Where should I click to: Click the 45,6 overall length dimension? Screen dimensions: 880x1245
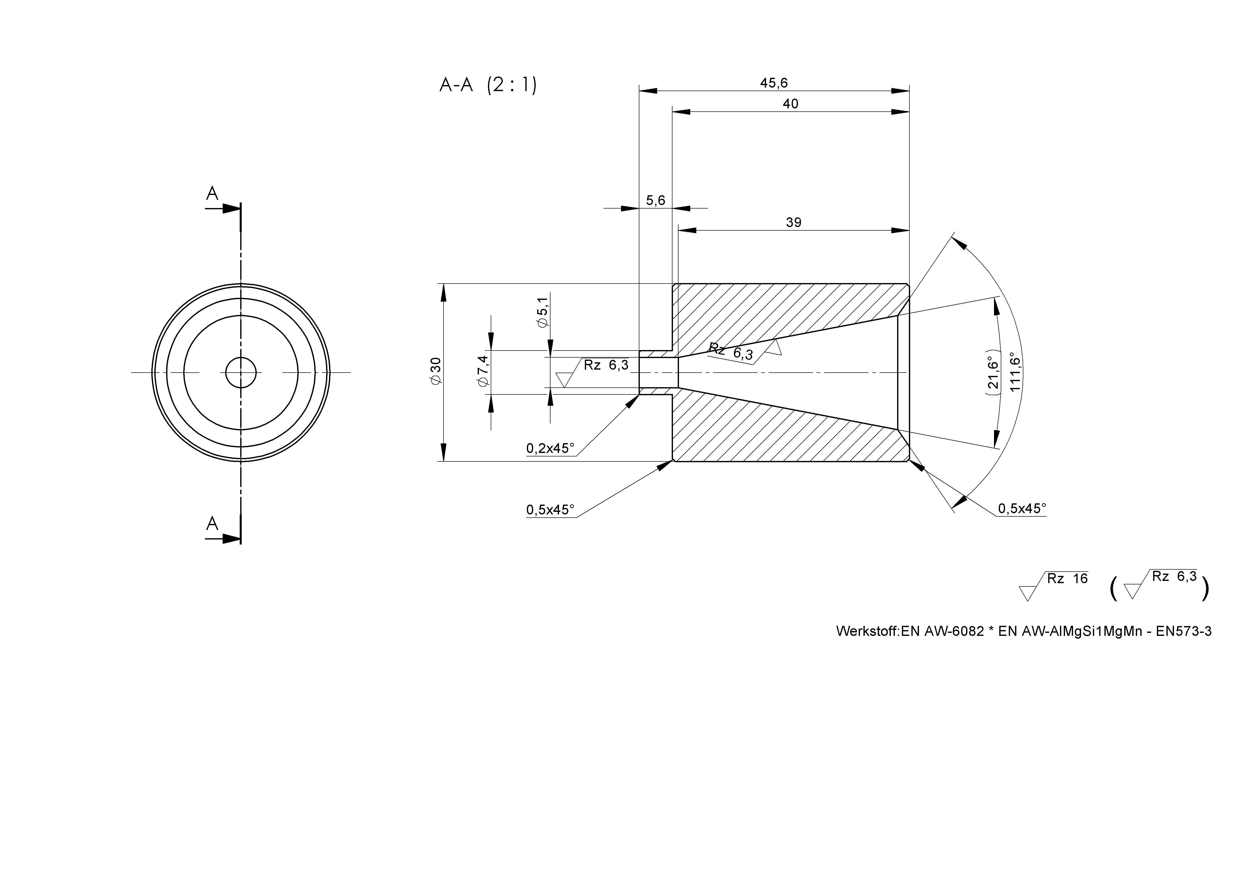(x=774, y=83)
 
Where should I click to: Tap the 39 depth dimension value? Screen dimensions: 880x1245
(x=793, y=222)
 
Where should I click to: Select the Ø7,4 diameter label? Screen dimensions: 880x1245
(x=483, y=372)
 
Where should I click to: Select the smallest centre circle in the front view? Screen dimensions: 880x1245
(x=241, y=372)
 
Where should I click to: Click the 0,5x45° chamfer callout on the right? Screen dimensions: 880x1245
(x=1022, y=509)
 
